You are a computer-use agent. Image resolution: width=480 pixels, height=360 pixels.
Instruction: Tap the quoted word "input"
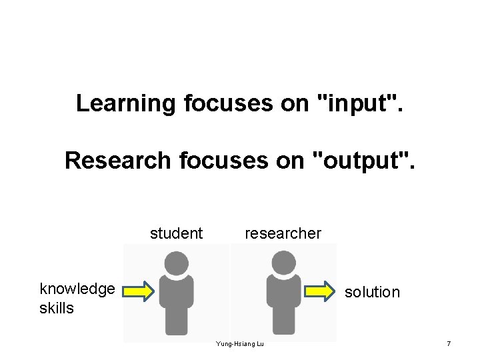point(360,103)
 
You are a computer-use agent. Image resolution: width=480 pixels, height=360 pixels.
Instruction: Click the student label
point(176,233)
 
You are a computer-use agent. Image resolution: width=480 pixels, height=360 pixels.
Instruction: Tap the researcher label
point(283,233)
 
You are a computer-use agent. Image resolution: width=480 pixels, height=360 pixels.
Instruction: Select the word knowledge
point(77,289)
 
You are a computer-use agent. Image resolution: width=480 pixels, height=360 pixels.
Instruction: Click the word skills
point(57,309)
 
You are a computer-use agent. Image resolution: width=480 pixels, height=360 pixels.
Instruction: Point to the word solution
point(372,292)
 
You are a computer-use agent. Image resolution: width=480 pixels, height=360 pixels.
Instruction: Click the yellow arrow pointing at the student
point(139,291)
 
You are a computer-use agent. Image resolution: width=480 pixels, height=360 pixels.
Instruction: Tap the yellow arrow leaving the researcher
point(319,291)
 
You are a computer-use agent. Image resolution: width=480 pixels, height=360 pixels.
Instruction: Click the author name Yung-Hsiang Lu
point(240,344)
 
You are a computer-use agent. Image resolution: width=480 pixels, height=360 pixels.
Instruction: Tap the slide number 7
point(449,344)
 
